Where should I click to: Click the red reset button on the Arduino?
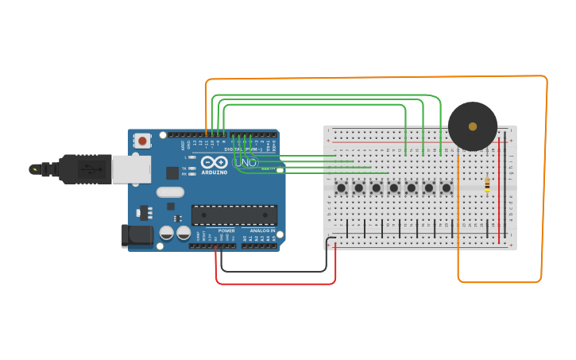(142, 141)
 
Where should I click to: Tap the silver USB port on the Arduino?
(131, 169)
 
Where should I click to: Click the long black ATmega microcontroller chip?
(234, 215)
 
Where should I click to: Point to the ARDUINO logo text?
(215, 172)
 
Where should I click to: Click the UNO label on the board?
(248, 162)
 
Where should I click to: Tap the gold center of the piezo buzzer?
(473, 126)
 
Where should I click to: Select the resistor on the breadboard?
(487, 185)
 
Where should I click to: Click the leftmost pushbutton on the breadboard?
(342, 188)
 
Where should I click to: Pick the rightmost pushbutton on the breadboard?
(446, 188)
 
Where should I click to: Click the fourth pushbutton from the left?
(394, 188)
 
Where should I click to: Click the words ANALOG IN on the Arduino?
(260, 230)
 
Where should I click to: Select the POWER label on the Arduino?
(226, 230)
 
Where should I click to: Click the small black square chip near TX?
(172, 172)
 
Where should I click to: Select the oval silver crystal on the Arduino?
(170, 192)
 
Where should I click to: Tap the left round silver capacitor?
(167, 233)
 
